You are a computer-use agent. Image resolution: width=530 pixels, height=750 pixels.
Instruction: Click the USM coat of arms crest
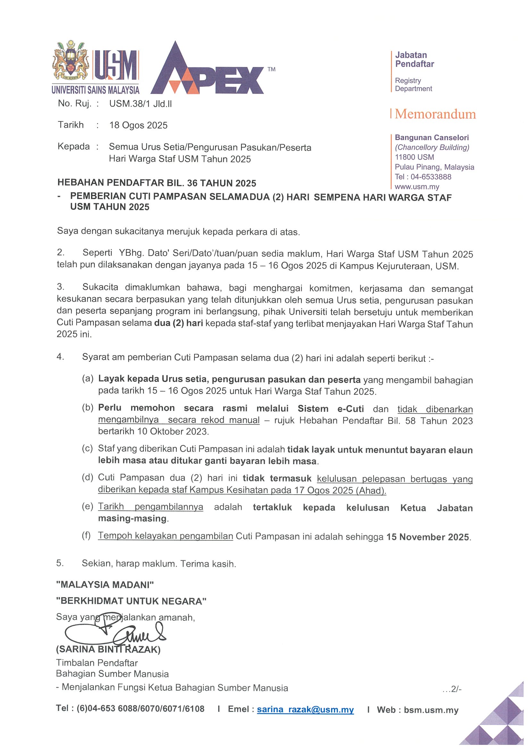(x=70, y=62)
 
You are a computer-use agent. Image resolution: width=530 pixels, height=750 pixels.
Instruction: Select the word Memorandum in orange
(x=435, y=114)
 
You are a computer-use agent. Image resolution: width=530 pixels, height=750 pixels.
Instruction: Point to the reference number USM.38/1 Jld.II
(x=140, y=104)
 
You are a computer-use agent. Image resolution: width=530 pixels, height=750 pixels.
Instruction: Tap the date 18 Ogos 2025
(x=138, y=125)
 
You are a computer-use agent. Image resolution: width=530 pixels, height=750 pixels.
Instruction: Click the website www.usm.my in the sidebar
(x=417, y=187)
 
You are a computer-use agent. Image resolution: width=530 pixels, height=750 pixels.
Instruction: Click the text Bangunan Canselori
(x=432, y=137)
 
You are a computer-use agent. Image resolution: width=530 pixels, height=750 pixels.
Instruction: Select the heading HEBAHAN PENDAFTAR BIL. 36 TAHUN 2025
(x=157, y=183)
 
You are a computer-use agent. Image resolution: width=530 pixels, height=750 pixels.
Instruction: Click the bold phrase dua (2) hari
(x=178, y=323)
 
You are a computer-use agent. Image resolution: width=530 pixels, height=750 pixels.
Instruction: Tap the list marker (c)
(x=87, y=448)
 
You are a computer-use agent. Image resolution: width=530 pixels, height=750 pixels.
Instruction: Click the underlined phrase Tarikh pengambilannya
(x=151, y=507)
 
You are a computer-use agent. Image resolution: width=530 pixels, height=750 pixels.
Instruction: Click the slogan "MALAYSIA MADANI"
(x=105, y=585)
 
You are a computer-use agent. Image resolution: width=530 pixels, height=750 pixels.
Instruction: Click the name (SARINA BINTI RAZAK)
(x=108, y=649)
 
